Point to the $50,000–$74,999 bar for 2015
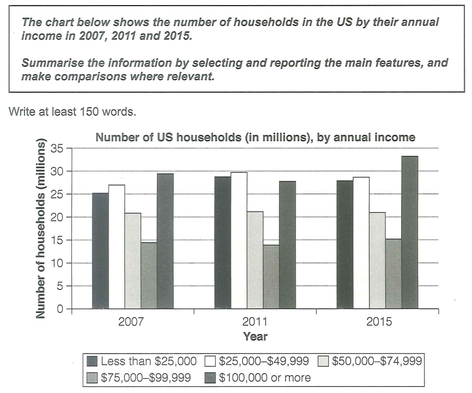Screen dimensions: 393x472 coord(377,260)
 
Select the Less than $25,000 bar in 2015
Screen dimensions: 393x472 coord(345,245)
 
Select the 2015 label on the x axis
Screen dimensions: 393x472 coord(377,322)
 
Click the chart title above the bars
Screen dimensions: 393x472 coord(255,137)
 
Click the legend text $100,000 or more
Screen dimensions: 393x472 coord(265,378)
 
